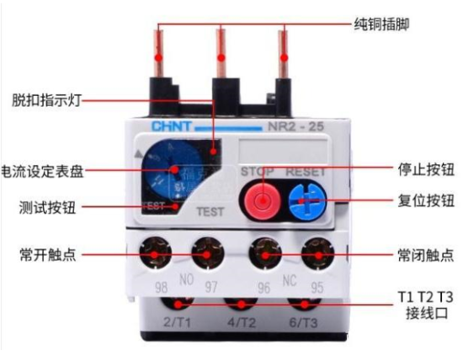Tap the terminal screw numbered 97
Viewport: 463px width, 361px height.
click(205, 252)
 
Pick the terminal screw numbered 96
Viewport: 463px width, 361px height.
click(264, 252)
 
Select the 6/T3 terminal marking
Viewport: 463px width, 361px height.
click(301, 323)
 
